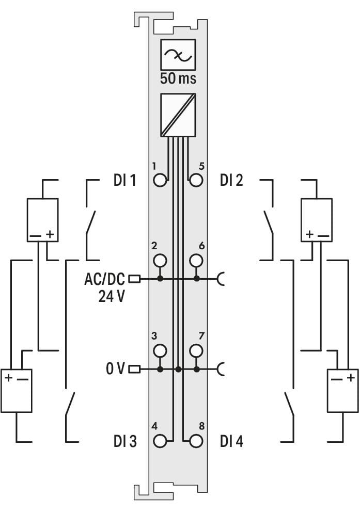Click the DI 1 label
125,180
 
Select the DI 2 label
231,180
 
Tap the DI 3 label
125,441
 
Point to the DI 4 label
231,441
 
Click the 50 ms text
178,78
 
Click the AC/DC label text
104,279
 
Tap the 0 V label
115,369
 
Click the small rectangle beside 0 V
135,370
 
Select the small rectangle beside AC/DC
135,279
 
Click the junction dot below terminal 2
160,279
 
